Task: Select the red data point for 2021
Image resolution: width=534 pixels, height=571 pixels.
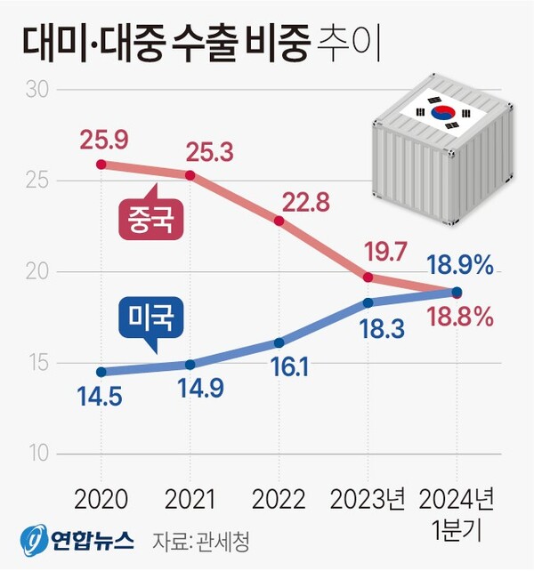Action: pyautogui.click(x=190, y=174)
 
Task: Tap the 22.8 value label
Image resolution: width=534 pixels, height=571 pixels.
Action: pyautogui.click(x=304, y=202)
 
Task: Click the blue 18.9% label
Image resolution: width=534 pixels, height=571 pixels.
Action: pyautogui.click(x=460, y=265)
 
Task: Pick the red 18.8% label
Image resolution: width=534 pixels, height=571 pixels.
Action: pyautogui.click(x=460, y=318)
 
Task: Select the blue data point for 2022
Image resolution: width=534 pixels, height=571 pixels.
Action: pyautogui.click(x=279, y=342)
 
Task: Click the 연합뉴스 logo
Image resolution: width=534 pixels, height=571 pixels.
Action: pyautogui.click(x=77, y=540)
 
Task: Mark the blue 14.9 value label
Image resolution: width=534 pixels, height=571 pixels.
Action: pyautogui.click(x=189, y=390)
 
